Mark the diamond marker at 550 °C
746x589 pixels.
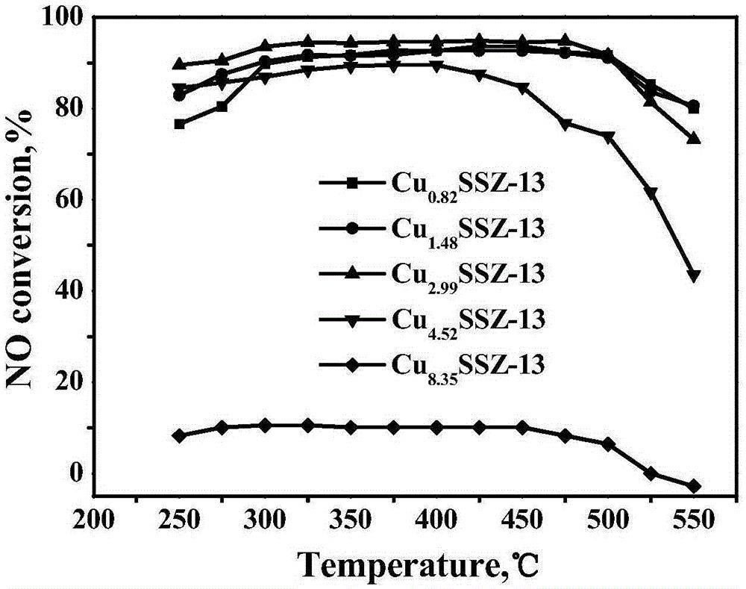click(694, 486)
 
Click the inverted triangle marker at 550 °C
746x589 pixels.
click(694, 276)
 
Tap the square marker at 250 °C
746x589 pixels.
click(180, 124)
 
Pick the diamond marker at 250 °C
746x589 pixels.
click(179, 435)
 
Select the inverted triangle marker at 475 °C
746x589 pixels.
click(565, 124)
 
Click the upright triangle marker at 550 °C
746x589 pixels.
click(694, 138)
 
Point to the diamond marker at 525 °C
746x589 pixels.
click(651, 474)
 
